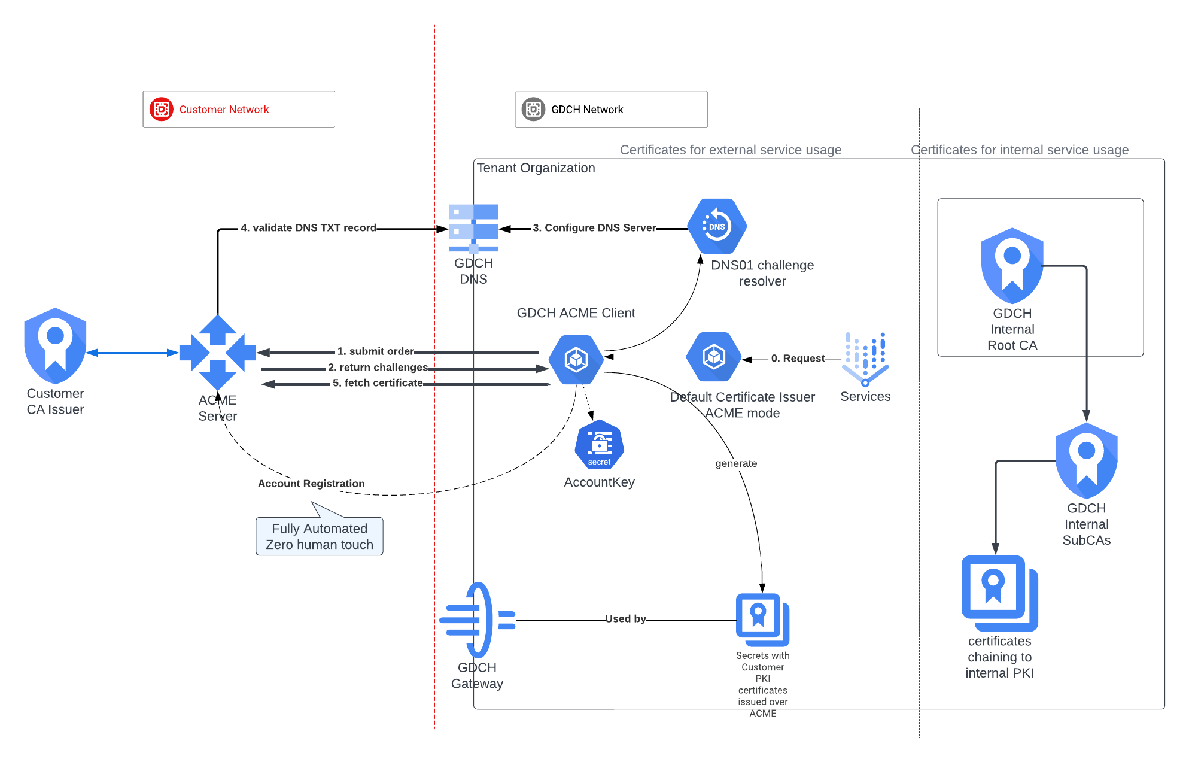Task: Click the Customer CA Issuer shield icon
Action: coord(55,345)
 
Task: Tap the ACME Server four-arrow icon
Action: coord(217,353)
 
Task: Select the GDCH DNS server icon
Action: coord(473,228)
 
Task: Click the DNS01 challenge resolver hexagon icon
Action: coord(717,226)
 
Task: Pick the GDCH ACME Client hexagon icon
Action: coord(576,359)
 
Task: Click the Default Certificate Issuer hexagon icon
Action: coord(713,357)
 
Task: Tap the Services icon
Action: coord(865,359)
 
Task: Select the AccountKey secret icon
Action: coord(599,445)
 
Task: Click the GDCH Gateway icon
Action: coord(477,620)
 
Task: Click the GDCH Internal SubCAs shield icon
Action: coord(1086,460)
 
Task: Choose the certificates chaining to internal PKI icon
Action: coord(999,593)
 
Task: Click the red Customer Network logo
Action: coord(162,109)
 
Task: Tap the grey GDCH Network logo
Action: coord(533,109)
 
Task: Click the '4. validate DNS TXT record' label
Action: coord(308,228)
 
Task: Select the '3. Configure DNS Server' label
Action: coord(594,228)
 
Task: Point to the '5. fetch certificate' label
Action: coord(378,383)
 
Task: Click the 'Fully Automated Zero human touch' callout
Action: coord(320,536)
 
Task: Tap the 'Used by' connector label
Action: coord(625,619)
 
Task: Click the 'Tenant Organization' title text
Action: coord(536,168)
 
